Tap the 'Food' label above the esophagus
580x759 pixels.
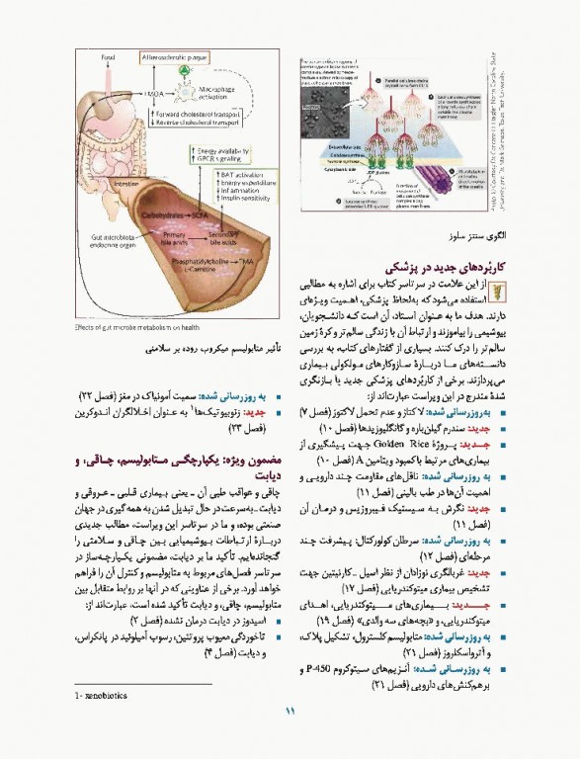tap(109, 57)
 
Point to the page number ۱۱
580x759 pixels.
tap(290, 737)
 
